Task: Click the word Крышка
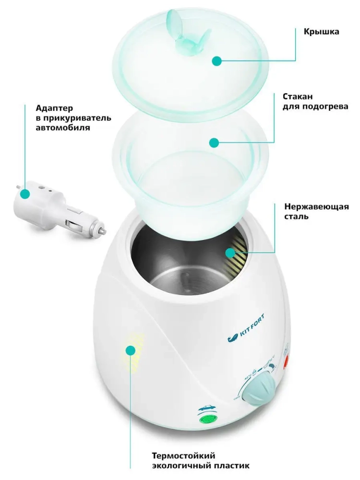(321, 32)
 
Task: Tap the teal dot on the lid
(217, 61)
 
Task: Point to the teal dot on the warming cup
(214, 143)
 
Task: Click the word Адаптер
(55, 108)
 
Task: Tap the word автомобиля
(63, 128)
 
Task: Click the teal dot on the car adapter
(25, 193)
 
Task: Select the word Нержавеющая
(316, 206)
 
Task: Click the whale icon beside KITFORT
(232, 338)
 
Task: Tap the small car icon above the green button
(207, 408)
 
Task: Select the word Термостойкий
(184, 456)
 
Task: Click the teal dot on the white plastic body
(131, 350)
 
